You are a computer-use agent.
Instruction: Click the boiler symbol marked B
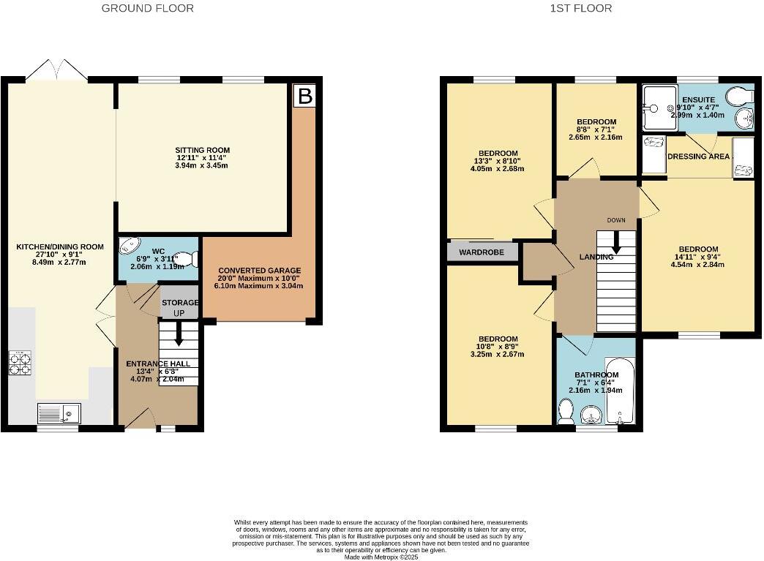[304, 96]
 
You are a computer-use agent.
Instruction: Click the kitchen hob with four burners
[20, 364]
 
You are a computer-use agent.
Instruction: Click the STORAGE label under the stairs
[180, 303]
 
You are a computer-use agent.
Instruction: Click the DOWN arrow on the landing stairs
[615, 241]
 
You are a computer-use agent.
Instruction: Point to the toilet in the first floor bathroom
[565, 415]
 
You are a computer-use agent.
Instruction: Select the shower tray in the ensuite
[659, 108]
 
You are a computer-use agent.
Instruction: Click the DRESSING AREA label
[698, 157]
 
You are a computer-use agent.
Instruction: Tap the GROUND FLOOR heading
[148, 9]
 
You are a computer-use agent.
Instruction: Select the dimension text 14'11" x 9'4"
[698, 257]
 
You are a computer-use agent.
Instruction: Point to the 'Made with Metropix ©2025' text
[381, 557]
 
